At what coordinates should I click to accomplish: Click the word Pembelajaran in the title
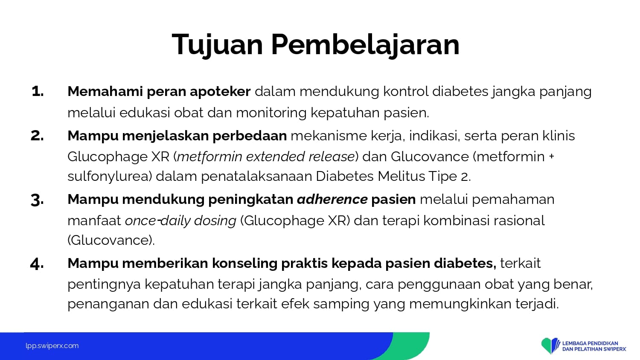pyautogui.click(x=365, y=44)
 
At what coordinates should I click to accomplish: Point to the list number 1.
pyautogui.click(x=38, y=91)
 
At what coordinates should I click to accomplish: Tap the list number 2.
pyautogui.click(x=37, y=136)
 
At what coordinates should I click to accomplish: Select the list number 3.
pyautogui.click(x=37, y=200)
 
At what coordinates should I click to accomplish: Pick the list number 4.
pyautogui.click(x=37, y=264)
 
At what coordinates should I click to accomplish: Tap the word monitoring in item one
pyautogui.click(x=271, y=113)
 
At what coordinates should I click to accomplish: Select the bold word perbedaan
pyautogui.click(x=250, y=136)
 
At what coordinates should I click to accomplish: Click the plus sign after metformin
pyautogui.click(x=551, y=156)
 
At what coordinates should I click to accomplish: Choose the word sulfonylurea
pyautogui.click(x=110, y=177)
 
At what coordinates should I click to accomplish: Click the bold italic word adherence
pyautogui.click(x=332, y=200)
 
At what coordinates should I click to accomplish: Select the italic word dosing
pyautogui.click(x=215, y=221)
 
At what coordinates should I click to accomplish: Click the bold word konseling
pyautogui.click(x=244, y=264)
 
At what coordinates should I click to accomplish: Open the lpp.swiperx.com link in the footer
pyautogui.click(x=52, y=346)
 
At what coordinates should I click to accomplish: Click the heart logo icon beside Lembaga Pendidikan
pyautogui.click(x=550, y=345)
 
